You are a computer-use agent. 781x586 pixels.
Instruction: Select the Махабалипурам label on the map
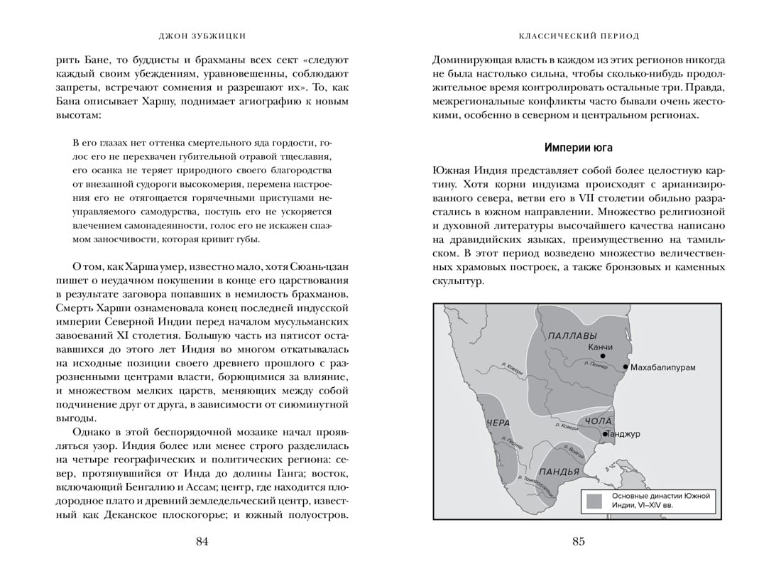click(662, 367)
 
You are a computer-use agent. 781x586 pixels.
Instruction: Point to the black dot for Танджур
click(604, 433)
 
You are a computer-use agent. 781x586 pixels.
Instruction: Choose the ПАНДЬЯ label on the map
click(559, 472)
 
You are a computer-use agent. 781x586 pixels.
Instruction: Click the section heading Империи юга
click(578, 148)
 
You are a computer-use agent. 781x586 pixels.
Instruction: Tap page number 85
click(578, 542)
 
